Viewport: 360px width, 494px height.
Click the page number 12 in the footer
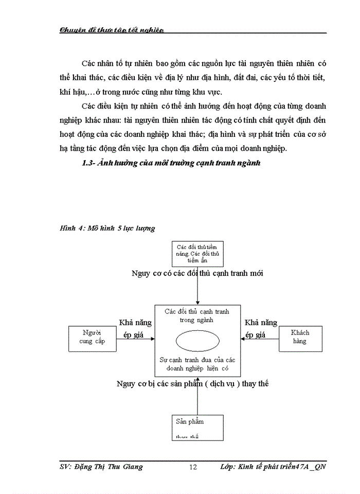[193, 467]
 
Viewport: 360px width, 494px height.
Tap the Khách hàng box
[300, 338]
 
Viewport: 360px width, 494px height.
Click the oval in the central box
[197, 341]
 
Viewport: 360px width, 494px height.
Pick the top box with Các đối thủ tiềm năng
[197, 253]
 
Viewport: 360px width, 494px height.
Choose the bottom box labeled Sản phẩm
[197, 427]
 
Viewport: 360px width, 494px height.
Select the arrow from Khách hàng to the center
[259, 339]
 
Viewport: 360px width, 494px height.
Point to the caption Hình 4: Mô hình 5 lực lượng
[107, 227]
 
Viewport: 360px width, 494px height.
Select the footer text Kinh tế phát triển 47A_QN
[281, 467]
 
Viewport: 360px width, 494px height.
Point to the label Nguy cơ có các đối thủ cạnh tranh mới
[197, 273]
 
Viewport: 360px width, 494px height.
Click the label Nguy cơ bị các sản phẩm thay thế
[192, 383]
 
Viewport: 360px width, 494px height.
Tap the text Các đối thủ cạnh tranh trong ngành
[197, 315]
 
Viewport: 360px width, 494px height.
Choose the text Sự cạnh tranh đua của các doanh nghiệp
[197, 365]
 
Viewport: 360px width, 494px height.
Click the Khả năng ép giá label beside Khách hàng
[260, 328]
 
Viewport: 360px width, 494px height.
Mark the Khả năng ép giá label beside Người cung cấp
[135, 328]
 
